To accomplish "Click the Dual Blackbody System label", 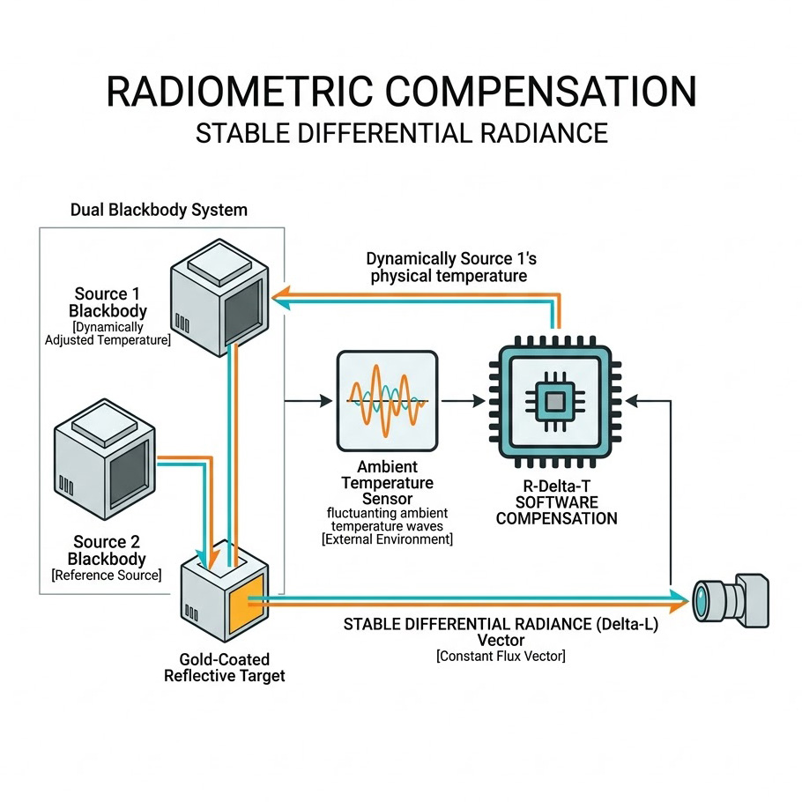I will click(159, 210).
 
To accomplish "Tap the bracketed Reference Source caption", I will click(107, 576).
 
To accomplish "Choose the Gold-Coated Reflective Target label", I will click(224, 667).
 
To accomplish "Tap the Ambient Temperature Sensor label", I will click(388, 482).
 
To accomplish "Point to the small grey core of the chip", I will click(555, 402).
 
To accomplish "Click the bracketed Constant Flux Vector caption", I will click(500, 657).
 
